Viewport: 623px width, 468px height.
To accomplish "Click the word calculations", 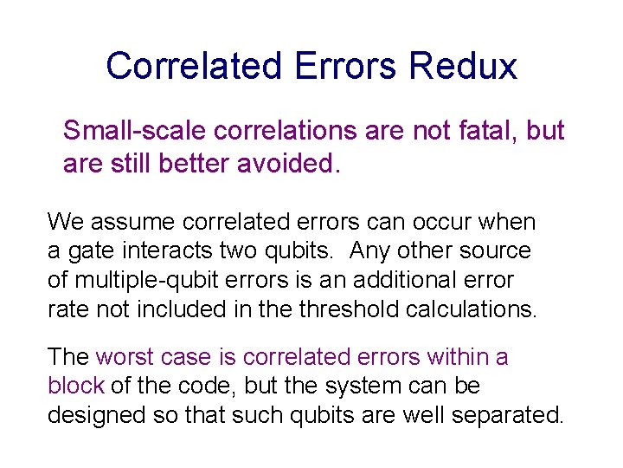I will point(478,310).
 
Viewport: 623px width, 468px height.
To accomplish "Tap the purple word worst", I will point(124,357).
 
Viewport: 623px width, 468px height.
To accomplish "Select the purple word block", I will point(75,386).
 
